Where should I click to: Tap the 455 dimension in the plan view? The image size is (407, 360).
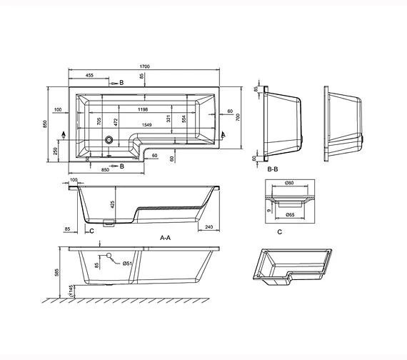tap(92, 75)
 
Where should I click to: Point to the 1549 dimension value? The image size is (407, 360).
tap(146, 126)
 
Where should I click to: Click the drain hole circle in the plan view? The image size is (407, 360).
tap(109, 140)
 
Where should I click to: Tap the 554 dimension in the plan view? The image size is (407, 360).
tap(184, 122)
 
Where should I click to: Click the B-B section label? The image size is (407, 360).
tap(272, 170)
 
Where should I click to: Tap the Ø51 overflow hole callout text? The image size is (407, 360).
tap(126, 264)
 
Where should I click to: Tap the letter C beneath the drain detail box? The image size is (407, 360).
tap(279, 231)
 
